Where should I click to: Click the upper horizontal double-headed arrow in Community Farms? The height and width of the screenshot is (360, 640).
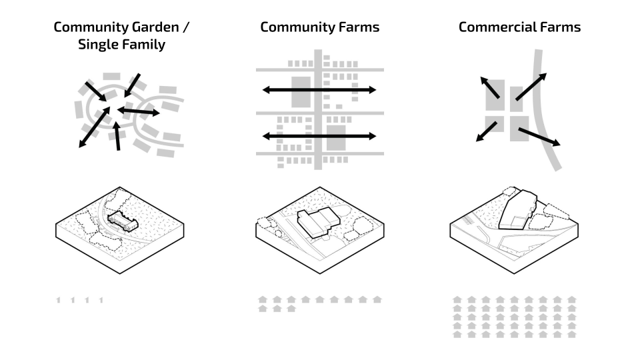click(319, 89)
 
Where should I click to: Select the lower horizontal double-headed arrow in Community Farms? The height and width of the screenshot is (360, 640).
click(319, 136)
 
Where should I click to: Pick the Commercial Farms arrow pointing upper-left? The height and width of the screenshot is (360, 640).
click(490, 87)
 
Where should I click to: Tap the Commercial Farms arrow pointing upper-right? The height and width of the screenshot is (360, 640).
click(531, 87)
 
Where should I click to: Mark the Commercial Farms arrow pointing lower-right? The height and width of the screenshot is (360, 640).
click(539, 136)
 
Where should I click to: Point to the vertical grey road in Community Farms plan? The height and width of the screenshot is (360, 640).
click(319, 113)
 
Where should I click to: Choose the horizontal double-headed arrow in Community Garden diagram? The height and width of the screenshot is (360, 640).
click(139, 112)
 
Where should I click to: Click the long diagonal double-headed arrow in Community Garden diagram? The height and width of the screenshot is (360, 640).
click(94, 127)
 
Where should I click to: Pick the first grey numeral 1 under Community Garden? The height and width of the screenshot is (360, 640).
click(59, 301)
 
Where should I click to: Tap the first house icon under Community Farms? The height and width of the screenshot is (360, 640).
click(262, 299)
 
